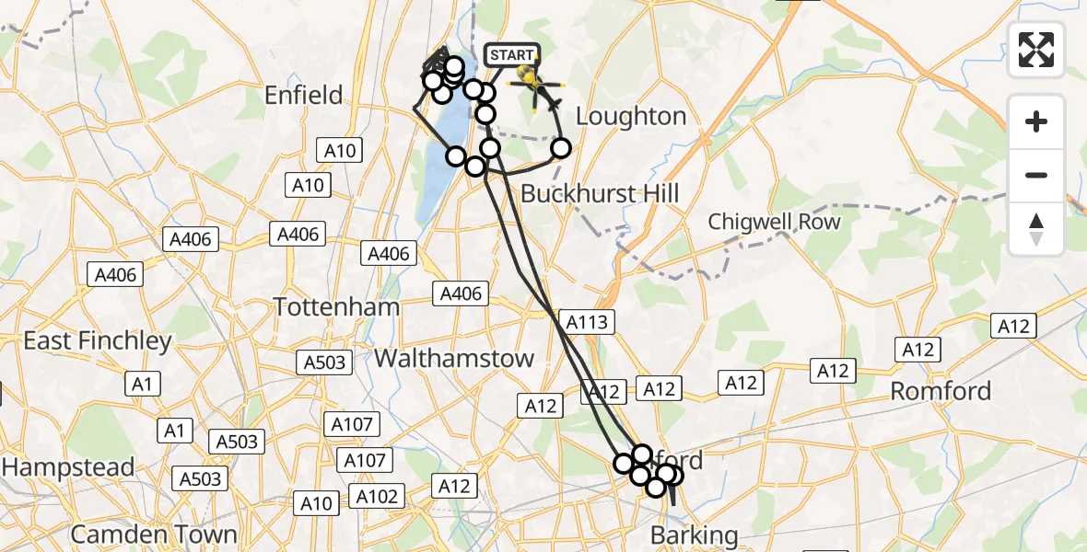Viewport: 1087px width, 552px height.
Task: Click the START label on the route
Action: pyautogui.click(x=511, y=55)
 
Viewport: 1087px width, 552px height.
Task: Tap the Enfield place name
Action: pyautogui.click(x=303, y=95)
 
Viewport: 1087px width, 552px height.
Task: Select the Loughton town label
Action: pyautogui.click(x=631, y=117)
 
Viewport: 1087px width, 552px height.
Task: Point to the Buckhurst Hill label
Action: pyautogui.click(x=600, y=193)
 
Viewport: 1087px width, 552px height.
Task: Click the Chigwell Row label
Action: pyautogui.click(x=774, y=222)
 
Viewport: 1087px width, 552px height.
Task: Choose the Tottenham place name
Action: pyautogui.click(x=337, y=307)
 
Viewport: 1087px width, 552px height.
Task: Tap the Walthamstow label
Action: pyautogui.click(x=455, y=358)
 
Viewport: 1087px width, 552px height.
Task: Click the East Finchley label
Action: pyautogui.click(x=98, y=341)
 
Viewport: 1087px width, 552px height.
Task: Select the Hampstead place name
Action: pyautogui.click(x=68, y=467)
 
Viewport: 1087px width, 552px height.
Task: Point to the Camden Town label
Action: pyautogui.click(x=154, y=534)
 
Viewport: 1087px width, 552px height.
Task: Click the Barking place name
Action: pyautogui.click(x=695, y=535)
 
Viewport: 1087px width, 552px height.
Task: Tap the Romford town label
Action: pyautogui.click(x=941, y=391)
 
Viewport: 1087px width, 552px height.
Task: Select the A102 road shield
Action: pyautogui.click(x=377, y=497)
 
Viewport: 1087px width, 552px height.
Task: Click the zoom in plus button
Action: pyautogui.click(x=1036, y=121)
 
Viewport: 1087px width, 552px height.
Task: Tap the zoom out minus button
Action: pyautogui.click(x=1036, y=175)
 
